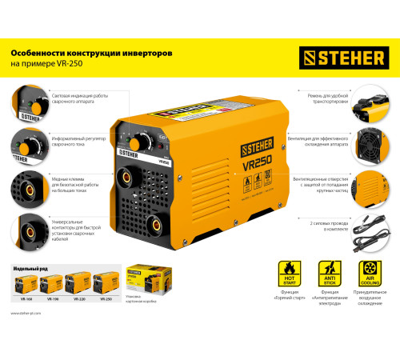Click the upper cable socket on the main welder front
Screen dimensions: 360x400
coord(128,174)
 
